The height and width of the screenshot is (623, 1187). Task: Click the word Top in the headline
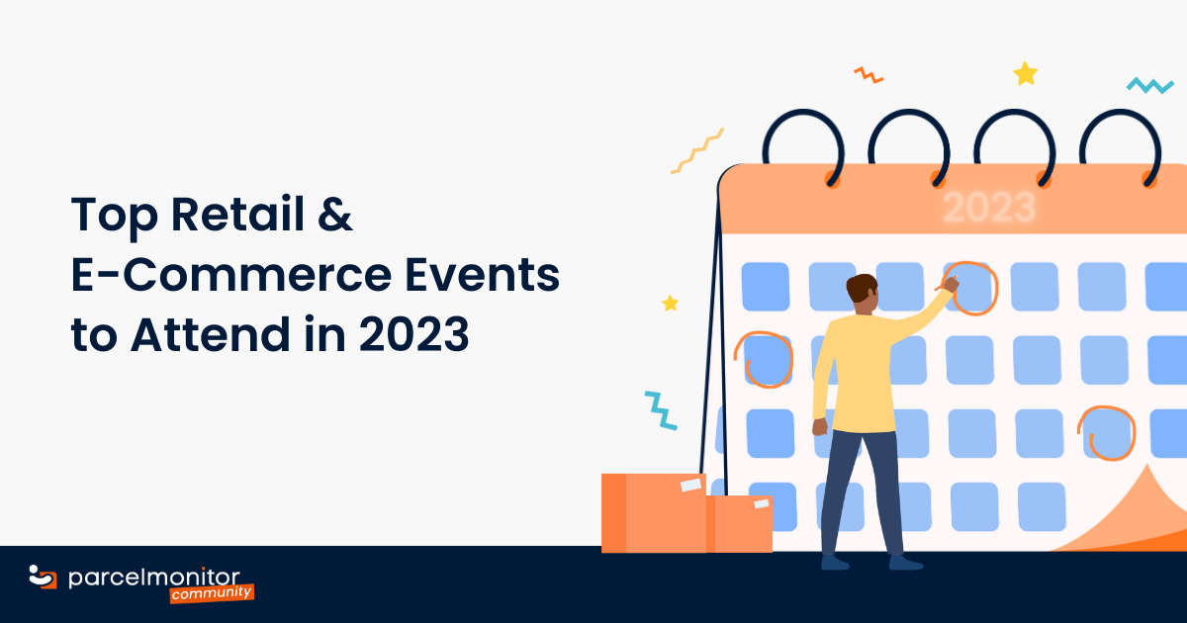click(111, 217)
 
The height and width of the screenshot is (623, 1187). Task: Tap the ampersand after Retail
click(338, 217)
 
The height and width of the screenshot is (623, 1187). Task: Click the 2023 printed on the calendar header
click(989, 208)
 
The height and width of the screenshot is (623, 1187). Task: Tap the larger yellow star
click(1026, 74)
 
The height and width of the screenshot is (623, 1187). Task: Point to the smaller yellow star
click(671, 303)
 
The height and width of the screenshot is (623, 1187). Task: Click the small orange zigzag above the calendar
click(868, 74)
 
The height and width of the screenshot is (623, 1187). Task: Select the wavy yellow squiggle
click(696, 150)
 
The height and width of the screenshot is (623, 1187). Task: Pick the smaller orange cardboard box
click(739, 523)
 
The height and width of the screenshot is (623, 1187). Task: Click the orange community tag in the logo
click(212, 593)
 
